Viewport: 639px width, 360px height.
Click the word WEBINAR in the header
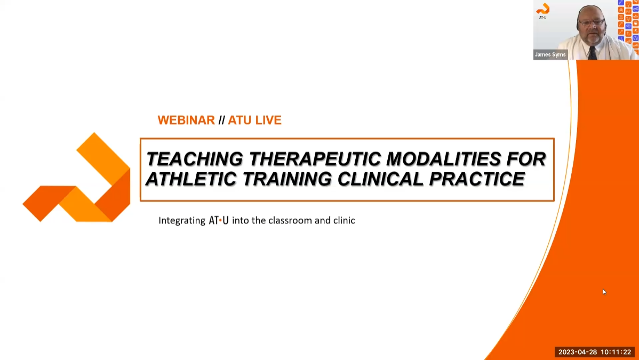click(186, 121)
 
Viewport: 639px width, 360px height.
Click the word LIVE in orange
click(268, 121)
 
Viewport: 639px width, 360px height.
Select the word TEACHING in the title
click(194, 159)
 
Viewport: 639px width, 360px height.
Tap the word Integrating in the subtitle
click(181, 220)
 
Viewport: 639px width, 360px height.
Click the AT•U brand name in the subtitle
click(218, 220)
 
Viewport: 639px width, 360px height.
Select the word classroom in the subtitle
click(293, 220)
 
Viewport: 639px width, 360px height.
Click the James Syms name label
click(550, 54)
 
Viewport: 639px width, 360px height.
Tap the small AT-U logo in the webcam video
click(542, 11)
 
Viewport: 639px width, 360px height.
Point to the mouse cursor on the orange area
click(604, 291)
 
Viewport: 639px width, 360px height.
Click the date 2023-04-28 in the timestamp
click(577, 352)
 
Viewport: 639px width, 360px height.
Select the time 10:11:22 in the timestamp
click(616, 352)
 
